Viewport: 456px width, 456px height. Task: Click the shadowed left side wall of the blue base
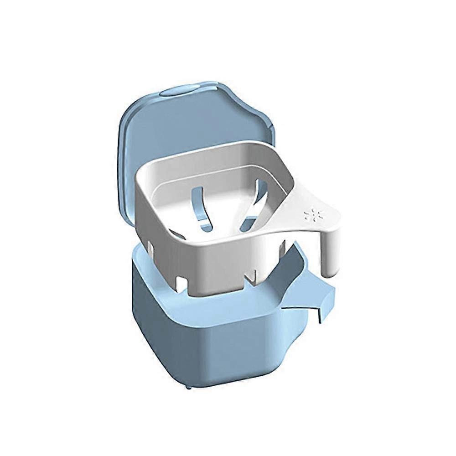point(146,319)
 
